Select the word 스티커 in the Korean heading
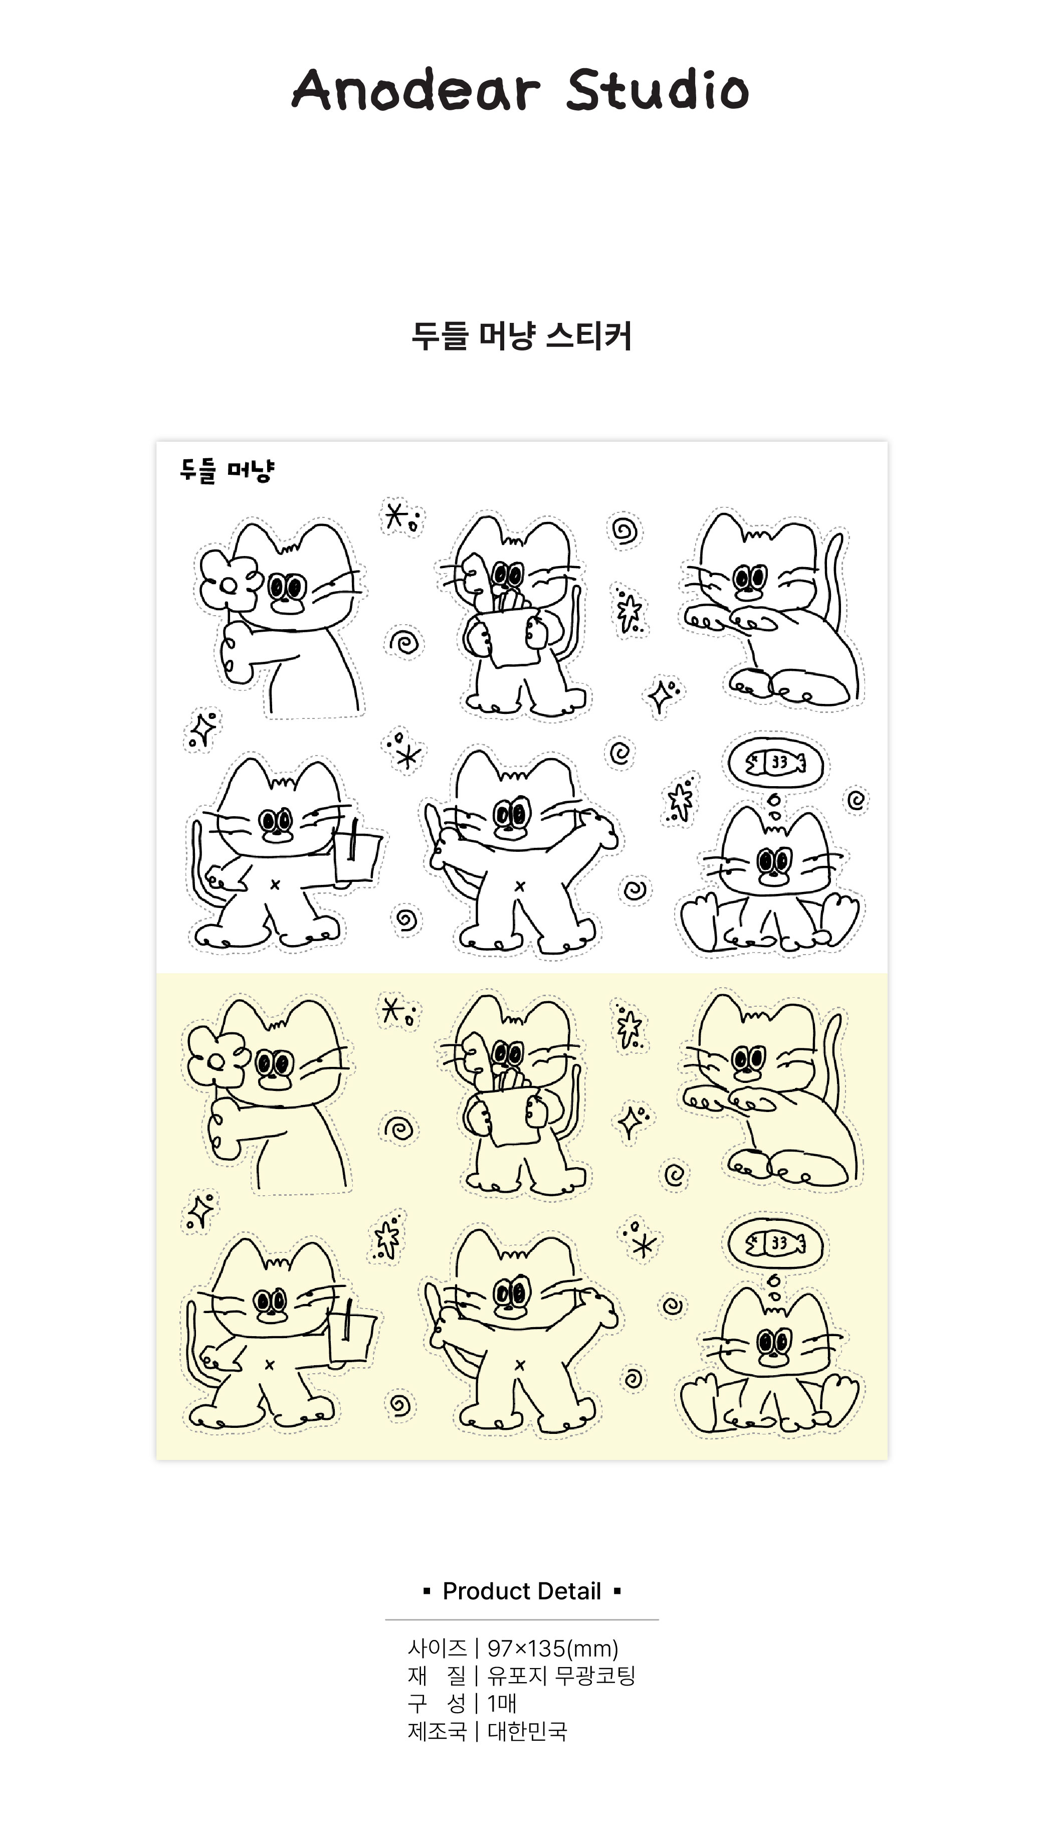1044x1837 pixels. pyautogui.click(x=589, y=336)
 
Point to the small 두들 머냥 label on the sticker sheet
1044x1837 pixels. pyautogui.click(x=227, y=471)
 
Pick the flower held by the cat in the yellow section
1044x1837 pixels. pyautogui.click(x=217, y=1056)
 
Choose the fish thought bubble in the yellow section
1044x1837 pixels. pyautogui.click(x=775, y=1243)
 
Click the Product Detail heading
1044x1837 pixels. pyautogui.click(x=522, y=1591)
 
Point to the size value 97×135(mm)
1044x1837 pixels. pyautogui.click(x=553, y=1648)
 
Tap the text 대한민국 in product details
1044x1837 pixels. pyautogui.click(x=528, y=1730)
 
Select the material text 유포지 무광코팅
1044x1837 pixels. pyautogui.click(x=561, y=1676)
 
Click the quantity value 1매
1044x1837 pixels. pyautogui.click(x=502, y=1703)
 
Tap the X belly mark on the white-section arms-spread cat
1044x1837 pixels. pyautogui.click(x=520, y=886)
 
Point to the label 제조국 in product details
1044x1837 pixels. pyautogui.click(x=437, y=1730)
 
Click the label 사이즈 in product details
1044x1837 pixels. pyautogui.click(x=437, y=1648)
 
